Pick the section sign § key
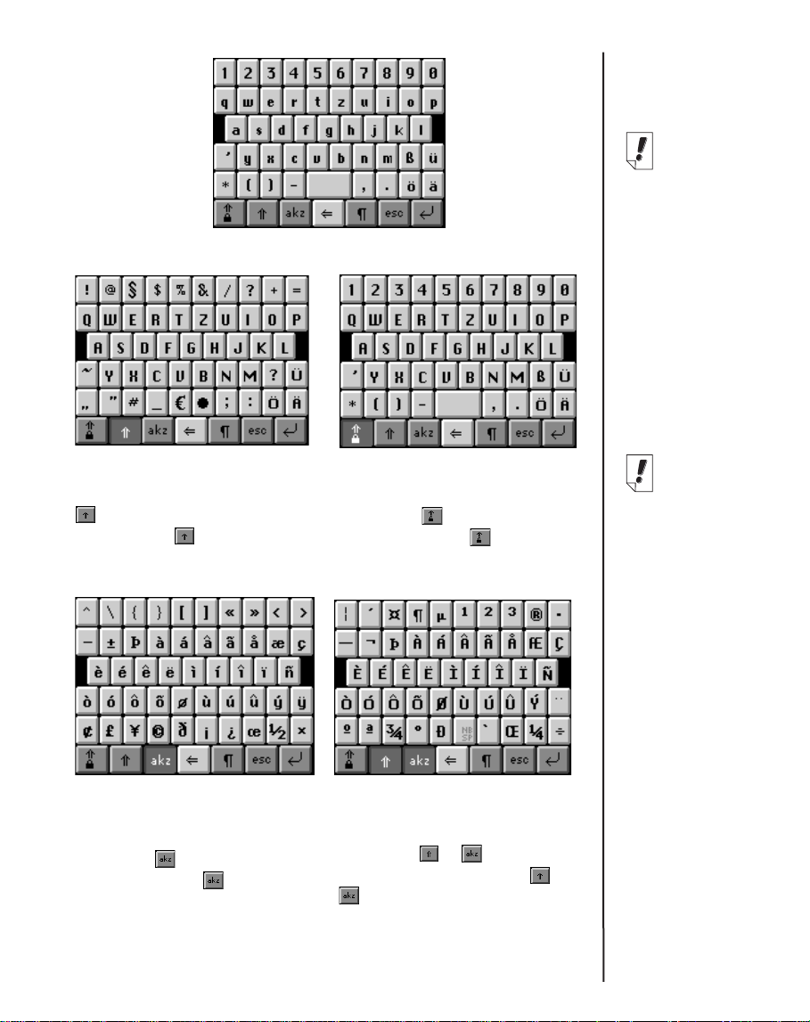tap(134, 289)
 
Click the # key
tap(134, 402)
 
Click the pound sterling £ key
tap(110, 730)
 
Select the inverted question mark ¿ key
tap(230, 730)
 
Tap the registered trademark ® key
tap(534, 613)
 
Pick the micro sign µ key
tap(440, 613)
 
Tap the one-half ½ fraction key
tap(279, 730)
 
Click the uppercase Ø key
tap(440, 701)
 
